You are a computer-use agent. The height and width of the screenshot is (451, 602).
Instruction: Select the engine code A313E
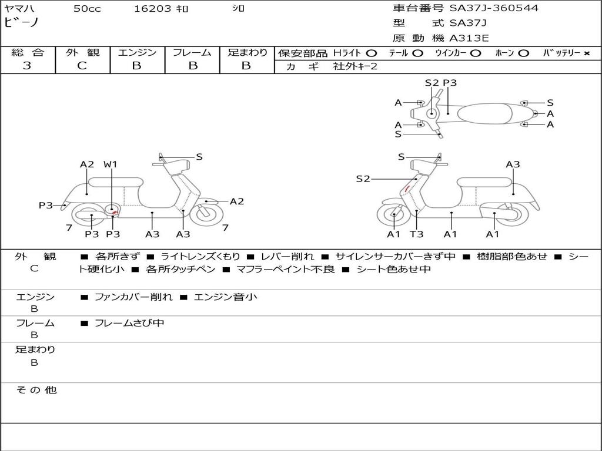click(x=469, y=38)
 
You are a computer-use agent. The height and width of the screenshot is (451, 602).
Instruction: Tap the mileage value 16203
click(x=152, y=8)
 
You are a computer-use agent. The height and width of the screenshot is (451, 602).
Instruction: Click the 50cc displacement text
click(x=87, y=8)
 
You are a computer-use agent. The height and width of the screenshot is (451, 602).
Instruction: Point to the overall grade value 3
click(x=27, y=66)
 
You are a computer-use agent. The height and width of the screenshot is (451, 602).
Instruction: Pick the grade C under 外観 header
click(x=82, y=66)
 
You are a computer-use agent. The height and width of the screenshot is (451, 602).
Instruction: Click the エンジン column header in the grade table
click(x=137, y=53)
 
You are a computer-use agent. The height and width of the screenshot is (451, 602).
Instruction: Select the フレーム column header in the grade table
click(x=192, y=53)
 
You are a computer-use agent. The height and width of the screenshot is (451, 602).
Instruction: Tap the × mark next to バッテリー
click(x=586, y=53)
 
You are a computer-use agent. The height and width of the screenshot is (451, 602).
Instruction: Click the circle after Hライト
click(x=372, y=53)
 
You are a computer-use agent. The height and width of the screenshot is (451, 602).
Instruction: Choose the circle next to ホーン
click(x=523, y=53)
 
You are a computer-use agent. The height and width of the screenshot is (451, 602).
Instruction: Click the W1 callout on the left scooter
click(x=111, y=164)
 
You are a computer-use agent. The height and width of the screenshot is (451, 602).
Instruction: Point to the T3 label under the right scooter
click(x=416, y=234)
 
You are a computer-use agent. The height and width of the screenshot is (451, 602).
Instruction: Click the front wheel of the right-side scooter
click(x=393, y=216)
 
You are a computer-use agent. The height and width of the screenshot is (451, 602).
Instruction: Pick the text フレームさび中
click(x=129, y=323)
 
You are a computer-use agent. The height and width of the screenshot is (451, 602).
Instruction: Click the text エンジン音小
click(x=225, y=297)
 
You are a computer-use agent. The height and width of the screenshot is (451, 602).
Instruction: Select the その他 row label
click(x=36, y=390)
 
